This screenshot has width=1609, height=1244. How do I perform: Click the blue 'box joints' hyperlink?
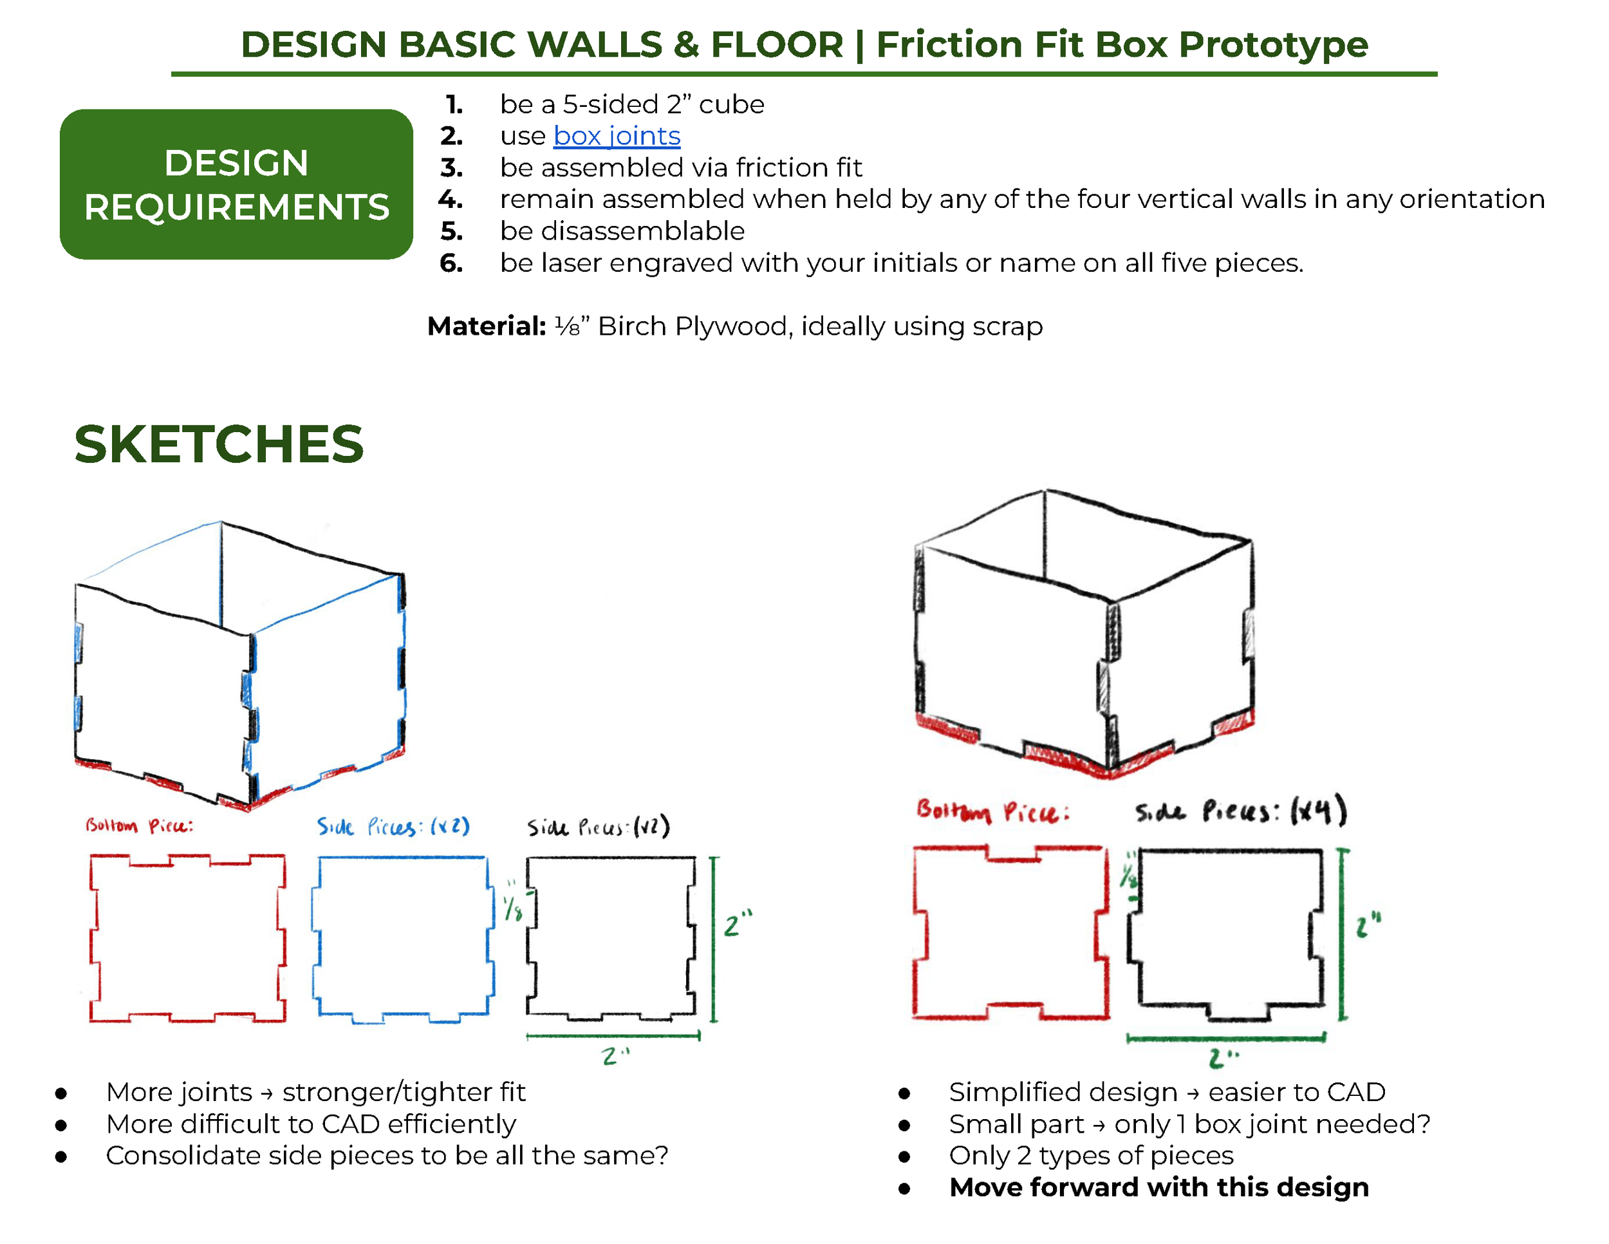tap(617, 137)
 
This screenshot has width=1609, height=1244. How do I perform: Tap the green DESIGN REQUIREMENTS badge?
tap(236, 184)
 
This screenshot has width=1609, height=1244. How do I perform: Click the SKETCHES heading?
tap(219, 444)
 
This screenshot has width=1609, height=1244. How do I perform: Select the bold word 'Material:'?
tap(486, 326)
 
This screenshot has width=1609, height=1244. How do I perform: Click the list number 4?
tap(450, 199)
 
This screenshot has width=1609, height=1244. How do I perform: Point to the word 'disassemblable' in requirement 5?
tap(642, 231)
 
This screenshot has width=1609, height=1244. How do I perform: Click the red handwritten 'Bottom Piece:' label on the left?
tap(139, 825)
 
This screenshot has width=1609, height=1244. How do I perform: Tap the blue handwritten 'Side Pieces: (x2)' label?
tap(393, 826)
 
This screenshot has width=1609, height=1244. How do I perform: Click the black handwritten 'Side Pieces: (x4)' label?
tap(1241, 811)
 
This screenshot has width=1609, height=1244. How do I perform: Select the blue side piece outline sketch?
tap(319, 936)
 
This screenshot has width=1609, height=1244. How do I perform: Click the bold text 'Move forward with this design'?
tap(1159, 1187)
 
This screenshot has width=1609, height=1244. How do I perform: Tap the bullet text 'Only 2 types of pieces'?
tap(1091, 1156)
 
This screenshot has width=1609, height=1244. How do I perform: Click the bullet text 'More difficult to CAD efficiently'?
tap(311, 1124)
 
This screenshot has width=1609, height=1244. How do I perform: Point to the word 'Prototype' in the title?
tap(1274, 44)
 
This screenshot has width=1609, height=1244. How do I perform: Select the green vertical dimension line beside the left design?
tap(713, 939)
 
